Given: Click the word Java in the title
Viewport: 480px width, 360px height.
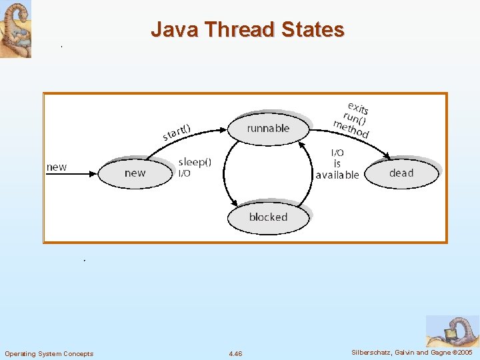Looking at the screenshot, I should [x=175, y=30].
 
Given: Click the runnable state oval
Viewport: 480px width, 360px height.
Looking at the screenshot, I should [x=269, y=128].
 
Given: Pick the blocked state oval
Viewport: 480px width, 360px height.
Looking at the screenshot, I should [x=268, y=217].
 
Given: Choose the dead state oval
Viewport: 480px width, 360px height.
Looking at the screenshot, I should [x=401, y=173].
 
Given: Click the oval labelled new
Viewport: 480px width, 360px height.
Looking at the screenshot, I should [x=135, y=173].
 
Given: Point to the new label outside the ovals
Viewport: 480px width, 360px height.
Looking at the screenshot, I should [x=57, y=167].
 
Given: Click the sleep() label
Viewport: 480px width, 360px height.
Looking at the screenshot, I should [x=195, y=162].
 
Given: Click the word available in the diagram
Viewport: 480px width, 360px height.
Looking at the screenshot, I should [x=337, y=175].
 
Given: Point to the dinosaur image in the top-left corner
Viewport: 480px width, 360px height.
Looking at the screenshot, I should [x=15, y=29].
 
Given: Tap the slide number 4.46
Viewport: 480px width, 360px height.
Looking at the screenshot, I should [x=235, y=353].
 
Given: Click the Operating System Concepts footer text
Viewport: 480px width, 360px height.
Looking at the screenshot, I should [x=49, y=353].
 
